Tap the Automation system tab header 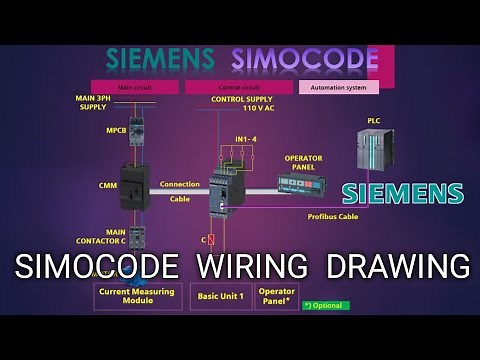[x=338, y=87]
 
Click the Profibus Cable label [x=334, y=215]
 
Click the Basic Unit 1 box [x=220, y=296]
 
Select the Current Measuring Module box [x=137, y=296]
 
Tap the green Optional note [x=325, y=304]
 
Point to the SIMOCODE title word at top [x=299, y=57]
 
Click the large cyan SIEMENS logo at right [x=403, y=193]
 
